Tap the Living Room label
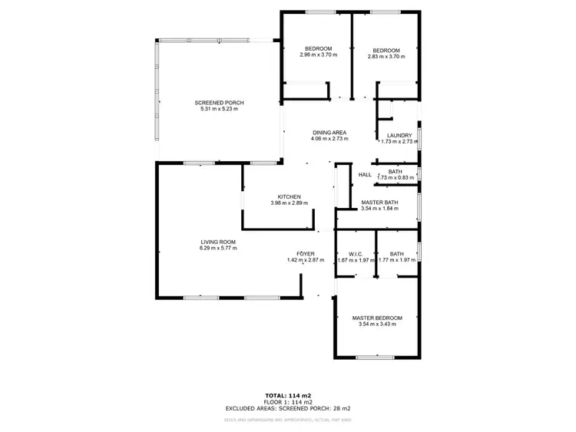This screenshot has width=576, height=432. tap(218, 241)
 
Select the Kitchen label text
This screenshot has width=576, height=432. tap(289, 196)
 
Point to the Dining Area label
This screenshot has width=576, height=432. tap(329, 133)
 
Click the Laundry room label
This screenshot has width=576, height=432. tap(399, 136)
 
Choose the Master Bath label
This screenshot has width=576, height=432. tap(379, 203)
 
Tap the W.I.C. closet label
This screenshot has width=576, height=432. tap(356, 254)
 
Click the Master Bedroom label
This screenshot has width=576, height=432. tap(377, 318)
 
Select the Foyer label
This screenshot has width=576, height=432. tap(306, 254)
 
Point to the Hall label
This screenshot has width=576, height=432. tap(365, 175)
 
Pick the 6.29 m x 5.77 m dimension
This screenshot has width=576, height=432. tap(218, 248)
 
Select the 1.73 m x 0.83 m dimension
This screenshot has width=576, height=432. tap(396, 178)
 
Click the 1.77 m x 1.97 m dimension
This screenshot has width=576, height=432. tap(397, 260)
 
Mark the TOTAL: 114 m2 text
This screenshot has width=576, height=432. tap(288, 395)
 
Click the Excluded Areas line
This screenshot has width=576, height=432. tap(288, 409)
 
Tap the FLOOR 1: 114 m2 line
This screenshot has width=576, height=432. tap(288, 402)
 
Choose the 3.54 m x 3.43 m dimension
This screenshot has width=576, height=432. tap(377, 324)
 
